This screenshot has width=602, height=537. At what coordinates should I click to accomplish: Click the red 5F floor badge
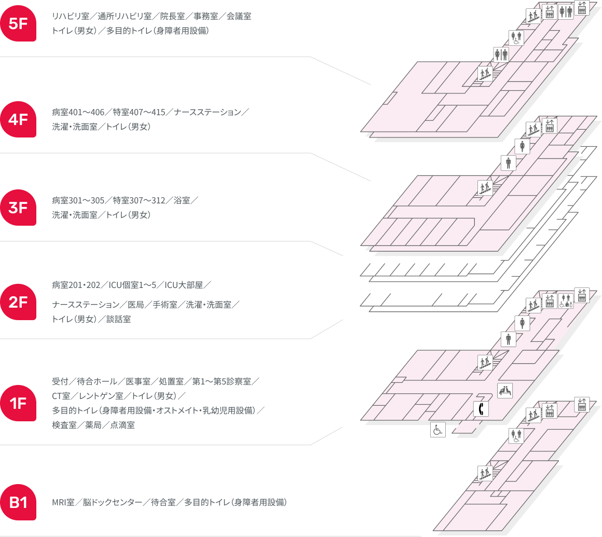click(x=18, y=23)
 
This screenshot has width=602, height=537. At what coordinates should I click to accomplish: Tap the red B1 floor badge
click(x=18, y=502)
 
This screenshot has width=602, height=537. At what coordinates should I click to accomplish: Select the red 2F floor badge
click(x=18, y=302)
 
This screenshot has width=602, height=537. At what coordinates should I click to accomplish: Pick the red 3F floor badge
click(x=18, y=208)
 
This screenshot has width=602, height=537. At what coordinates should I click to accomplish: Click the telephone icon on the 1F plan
click(x=481, y=409)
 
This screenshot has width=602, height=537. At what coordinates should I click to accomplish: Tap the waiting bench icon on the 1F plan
click(x=505, y=390)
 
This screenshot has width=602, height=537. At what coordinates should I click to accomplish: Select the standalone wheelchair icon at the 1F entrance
click(x=437, y=430)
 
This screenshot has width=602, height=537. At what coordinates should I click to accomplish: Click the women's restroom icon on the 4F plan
click(x=522, y=146)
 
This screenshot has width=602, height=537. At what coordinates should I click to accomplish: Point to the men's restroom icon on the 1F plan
click(x=508, y=339)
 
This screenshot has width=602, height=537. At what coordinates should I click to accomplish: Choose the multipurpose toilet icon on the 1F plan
click(x=566, y=301)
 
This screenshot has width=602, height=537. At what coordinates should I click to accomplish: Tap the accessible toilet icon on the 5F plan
click(x=516, y=37)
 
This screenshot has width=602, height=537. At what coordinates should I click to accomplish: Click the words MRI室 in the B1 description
click(x=63, y=502)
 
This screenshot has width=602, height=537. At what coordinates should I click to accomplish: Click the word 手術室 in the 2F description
click(x=165, y=305)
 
